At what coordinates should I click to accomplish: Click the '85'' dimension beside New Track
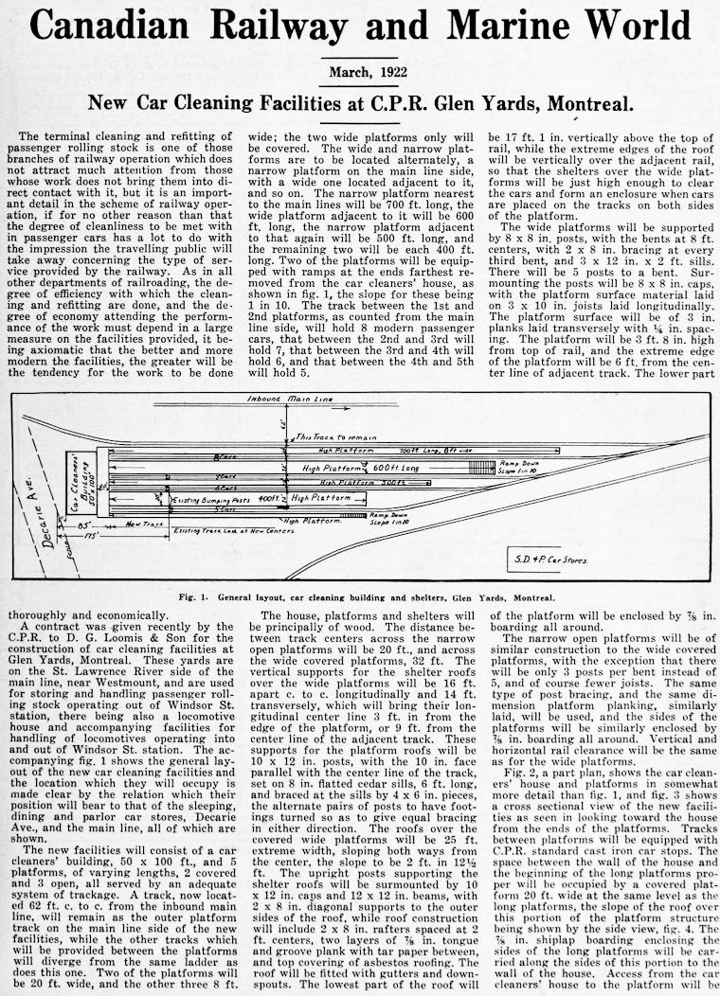pyautogui.click(x=86, y=523)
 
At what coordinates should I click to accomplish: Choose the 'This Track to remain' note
pyautogui.click(x=335, y=437)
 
